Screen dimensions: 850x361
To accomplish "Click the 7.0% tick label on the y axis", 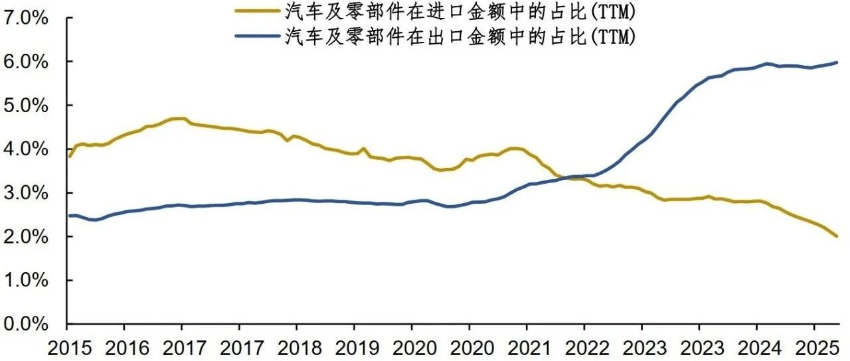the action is (26, 18).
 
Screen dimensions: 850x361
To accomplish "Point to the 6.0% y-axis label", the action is (26, 62).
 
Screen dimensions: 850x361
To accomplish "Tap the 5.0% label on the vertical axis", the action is (26, 106).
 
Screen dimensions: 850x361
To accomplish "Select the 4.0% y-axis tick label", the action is (26, 149).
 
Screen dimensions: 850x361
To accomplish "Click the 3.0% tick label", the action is (26, 193).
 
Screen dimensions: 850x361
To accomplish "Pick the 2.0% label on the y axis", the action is (26, 237).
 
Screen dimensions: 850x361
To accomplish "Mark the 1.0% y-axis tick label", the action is (26, 281).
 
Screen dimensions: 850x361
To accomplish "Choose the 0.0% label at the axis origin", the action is (26, 325).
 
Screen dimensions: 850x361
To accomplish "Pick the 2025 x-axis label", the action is (817, 348).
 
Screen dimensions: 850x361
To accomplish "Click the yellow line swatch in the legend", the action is (257, 11).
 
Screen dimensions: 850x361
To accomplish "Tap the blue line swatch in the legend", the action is (257, 36).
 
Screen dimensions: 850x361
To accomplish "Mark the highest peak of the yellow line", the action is (179, 119).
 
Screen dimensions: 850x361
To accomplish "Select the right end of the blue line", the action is (837, 62).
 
